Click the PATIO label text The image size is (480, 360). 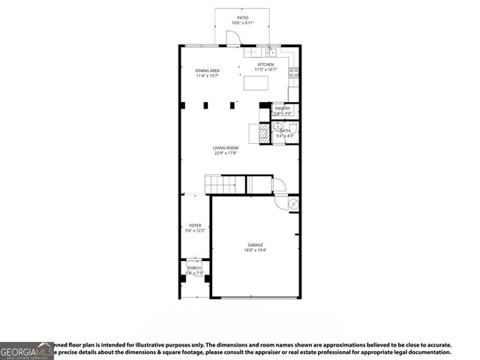click(x=242, y=17)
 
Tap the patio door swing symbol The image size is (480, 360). click(x=232, y=40)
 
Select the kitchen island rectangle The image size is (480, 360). click(x=256, y=82)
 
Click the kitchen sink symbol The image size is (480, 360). click(x=268, y=52)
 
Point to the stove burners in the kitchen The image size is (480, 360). click(x=294, y=73)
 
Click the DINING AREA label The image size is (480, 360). click(x=207, y=70)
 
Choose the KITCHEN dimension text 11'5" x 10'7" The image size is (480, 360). click(x=265, y=70)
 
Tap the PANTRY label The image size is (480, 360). click(x=283, y=108)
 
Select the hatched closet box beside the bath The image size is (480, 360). click(x=264, y=133)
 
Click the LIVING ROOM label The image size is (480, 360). click(x=225, y=148)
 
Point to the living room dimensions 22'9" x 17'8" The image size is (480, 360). click(x=225, y=154)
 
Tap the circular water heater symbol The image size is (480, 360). click(x=293, y=203)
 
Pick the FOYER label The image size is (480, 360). click(x=195, y=225)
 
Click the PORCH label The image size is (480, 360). click(x=194, y=268)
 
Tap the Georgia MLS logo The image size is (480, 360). click(x=27, y=351)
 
